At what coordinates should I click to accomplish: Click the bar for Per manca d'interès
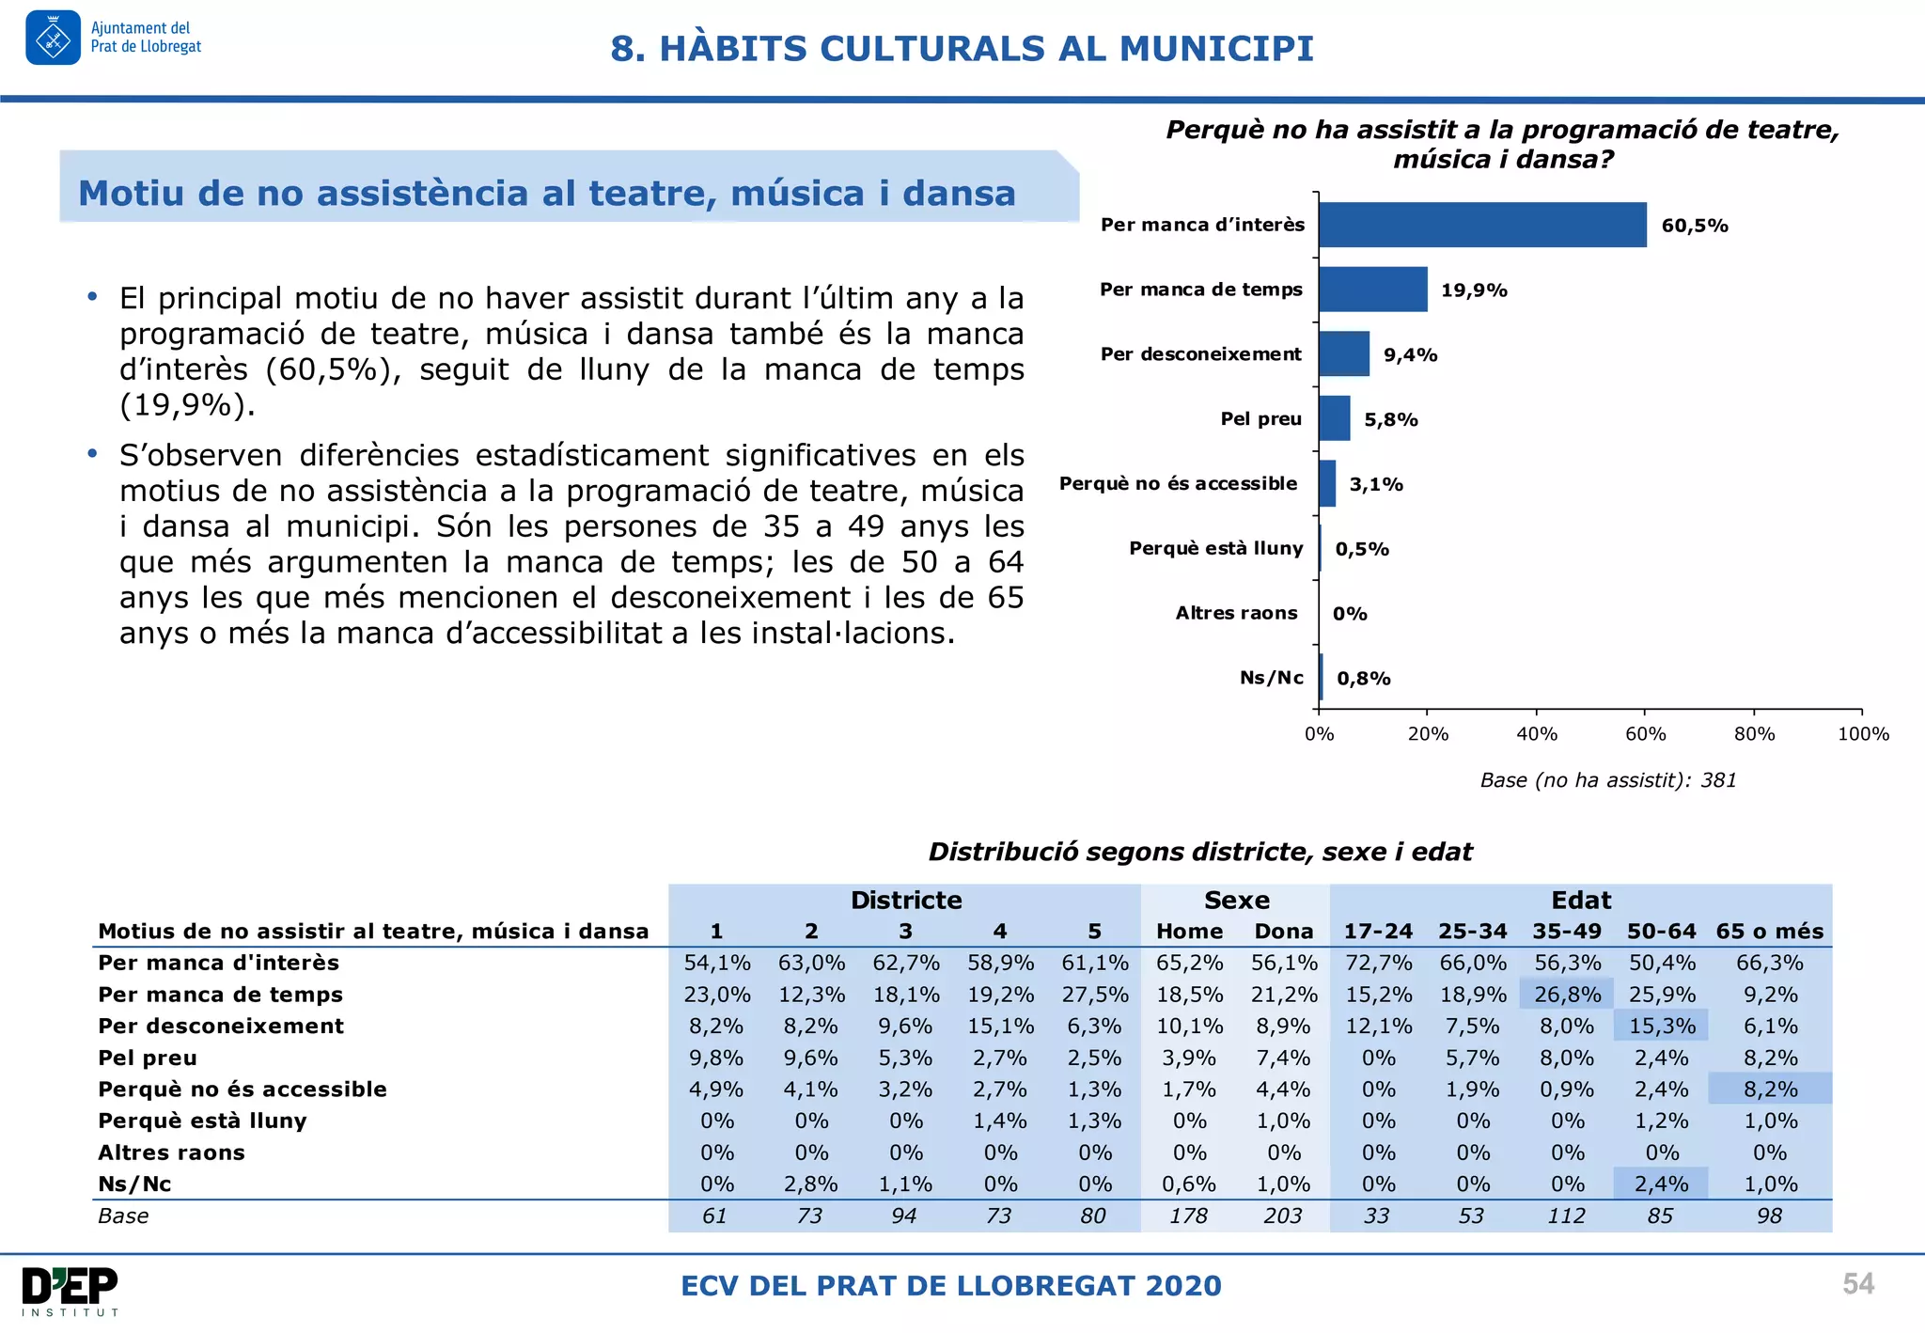click(x=1482, y=225)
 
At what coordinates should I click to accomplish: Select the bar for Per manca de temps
click(x=1372, y=290)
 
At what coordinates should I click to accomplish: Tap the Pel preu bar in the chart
click(x=1334, y=418)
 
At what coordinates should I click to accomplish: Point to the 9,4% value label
click(x=1410, y=355)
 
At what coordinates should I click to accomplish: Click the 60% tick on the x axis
click(x=1645, y=734)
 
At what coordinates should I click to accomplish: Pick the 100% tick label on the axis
click(x=1863, y=734)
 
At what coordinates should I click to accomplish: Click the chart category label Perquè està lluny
click(x=1215, y=548)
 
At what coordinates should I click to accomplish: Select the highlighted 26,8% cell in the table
click(x=1567, y=995)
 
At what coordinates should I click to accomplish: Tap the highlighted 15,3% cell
click(x=1661, y=1027)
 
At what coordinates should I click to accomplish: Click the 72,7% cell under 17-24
click(x=1378, y=963)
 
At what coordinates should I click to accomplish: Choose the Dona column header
click(x=1283, y=932)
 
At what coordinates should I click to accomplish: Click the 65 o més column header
click(x=1769, y=932)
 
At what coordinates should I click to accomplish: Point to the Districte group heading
click(x=906, y=901)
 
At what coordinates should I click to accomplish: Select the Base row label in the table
click(x=123, y=1216)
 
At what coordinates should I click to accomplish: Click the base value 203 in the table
click(x=1283, y=1216)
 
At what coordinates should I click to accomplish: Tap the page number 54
click(x=1857, y=1284)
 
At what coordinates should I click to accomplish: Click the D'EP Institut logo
click(x=70, y=1291)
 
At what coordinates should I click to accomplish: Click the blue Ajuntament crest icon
click(x=54, y=39)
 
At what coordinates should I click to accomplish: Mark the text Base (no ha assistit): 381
click(x=1607, y=780)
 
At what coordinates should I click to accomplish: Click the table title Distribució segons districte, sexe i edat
click(x=1200, y=852)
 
